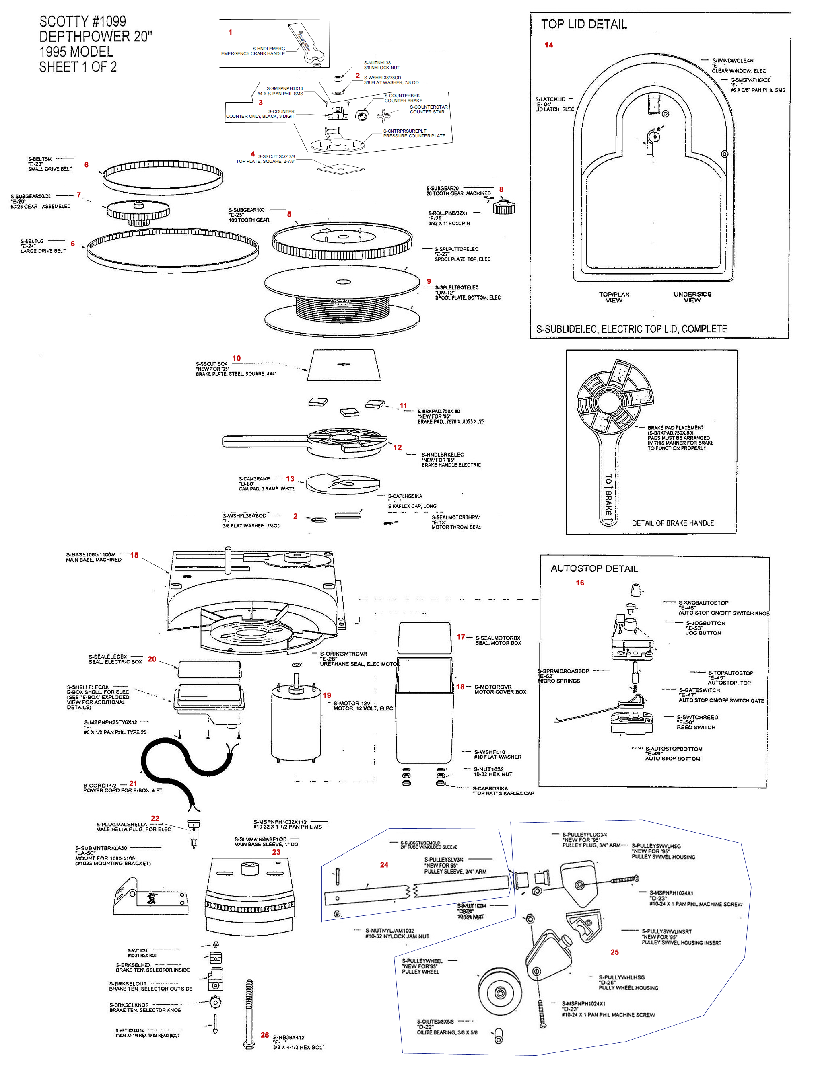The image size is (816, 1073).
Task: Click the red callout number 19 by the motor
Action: [327, 696]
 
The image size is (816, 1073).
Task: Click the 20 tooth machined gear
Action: [504, 207]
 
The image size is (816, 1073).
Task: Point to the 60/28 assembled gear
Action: [138, 212]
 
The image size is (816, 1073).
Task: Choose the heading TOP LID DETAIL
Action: [584, 24]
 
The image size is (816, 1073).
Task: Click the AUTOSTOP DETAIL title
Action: [594, 568]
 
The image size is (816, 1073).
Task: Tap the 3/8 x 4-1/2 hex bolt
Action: [249, 1014]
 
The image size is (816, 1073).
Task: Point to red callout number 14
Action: [548, 45]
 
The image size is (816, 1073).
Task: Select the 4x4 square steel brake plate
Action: [344, 365]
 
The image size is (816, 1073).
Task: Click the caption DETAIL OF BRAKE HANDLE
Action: [673, 523]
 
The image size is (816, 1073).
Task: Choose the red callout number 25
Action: [614, 952]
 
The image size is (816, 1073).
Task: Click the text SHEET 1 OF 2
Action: [78, 67]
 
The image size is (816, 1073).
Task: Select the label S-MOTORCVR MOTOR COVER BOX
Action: [500, 689]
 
